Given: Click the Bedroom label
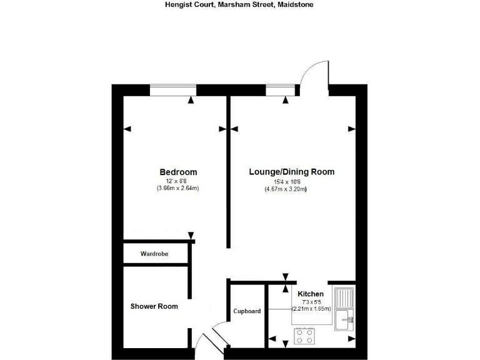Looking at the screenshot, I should pos(178,172).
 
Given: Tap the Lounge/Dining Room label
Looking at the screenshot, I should pos(291,172).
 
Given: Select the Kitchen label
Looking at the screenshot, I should pos(310,294).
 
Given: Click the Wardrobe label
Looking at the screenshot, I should pos(154,254).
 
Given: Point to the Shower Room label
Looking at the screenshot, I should pos(154,306).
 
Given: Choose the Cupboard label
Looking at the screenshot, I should pos(247,311).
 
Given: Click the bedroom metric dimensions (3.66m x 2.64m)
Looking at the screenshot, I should pos(178,188).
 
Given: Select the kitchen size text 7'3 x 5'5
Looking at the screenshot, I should pos(311,302).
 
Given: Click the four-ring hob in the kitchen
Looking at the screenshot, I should pos(305,337).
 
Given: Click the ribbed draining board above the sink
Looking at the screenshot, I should pos(344,297).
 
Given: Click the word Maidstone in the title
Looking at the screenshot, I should pos(296,4).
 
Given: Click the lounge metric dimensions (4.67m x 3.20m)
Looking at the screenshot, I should pos(286,189).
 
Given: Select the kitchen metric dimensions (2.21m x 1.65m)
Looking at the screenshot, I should pos(311,309).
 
